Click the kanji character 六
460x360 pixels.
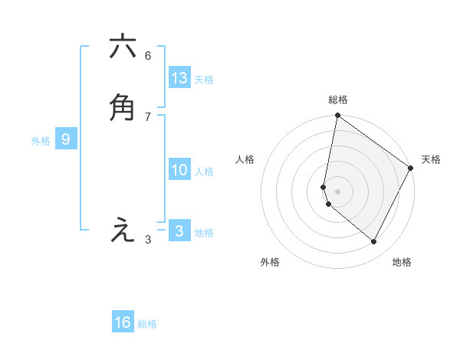coord(123,47)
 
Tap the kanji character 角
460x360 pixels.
coord(123,107)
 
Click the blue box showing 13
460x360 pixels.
coord(179,77)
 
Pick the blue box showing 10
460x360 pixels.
coord(179,170)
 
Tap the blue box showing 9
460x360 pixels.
coord(66,139)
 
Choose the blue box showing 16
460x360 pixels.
coord(123,322)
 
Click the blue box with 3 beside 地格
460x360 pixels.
coord(179,231)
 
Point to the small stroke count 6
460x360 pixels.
coord(148,56)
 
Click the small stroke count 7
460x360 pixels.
coord(148,116)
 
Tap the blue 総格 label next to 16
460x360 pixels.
coord(147,324)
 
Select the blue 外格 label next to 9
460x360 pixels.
coord(41,141)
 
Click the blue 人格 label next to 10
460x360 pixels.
coord(204,172)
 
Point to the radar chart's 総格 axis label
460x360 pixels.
coord(338,100)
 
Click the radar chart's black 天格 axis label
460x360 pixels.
coord(431,159)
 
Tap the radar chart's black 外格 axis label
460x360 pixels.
coord(270,262)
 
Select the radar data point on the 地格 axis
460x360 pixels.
coord(374,241)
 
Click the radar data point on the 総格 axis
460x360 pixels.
coord(338,116)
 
